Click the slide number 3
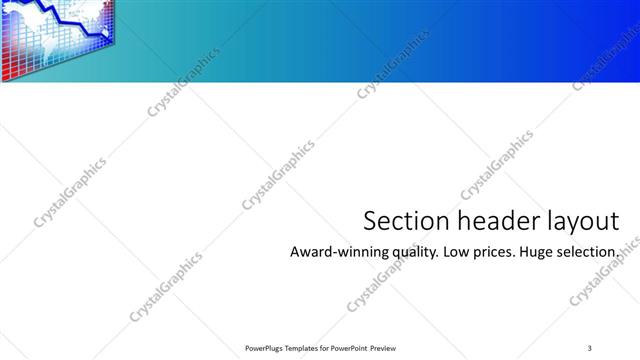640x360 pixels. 590,347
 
